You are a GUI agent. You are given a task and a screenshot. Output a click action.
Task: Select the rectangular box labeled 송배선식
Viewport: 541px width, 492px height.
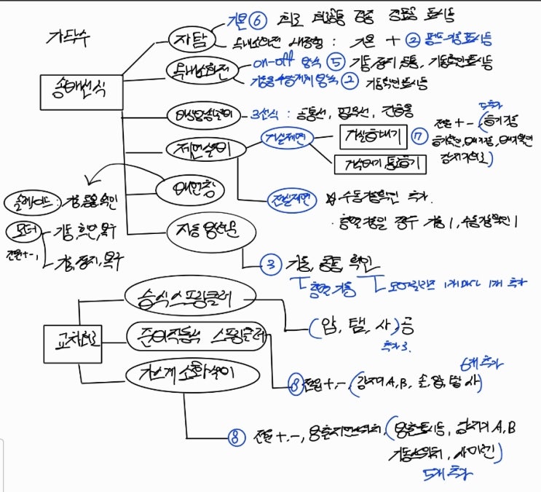click(x=81, y=90)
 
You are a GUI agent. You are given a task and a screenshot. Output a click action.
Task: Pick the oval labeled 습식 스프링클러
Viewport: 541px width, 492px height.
click(x=188, y=297)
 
